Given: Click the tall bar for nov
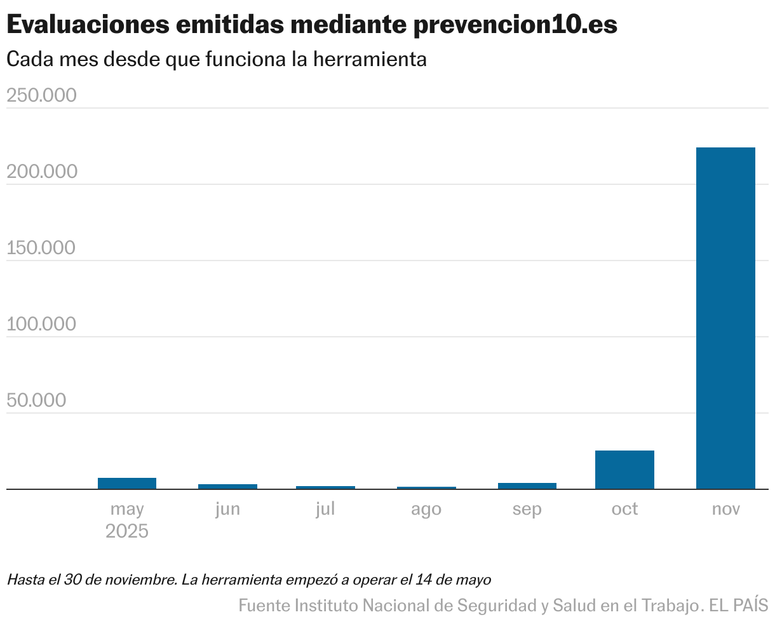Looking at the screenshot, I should click(x=725, y=318).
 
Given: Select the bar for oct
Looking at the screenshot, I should click(x=624, y=470).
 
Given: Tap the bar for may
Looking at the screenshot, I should click(x=127, y=483).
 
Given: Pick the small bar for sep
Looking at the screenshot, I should click(x=527, y=485).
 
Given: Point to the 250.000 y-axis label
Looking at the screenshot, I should click(x=41, y=95).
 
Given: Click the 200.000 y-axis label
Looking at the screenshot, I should click(x=41, y=172).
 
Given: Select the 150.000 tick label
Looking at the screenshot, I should click(x=41, y=248).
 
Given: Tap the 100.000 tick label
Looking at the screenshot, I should click(x=41, y=324).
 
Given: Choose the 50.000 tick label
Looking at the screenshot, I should click(x=36, y=400).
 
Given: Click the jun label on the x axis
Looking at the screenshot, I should click(x=227, y=509).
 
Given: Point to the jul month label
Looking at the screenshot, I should click(x=325, y=509).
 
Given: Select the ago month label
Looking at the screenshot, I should click(x=426, y=510).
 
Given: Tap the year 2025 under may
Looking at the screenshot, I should click(x=127, y=531).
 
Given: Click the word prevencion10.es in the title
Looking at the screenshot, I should click(x=515, y=25).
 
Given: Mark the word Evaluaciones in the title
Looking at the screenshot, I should click(x=89, y=25).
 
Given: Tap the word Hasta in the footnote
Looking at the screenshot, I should click(x=25, y=580).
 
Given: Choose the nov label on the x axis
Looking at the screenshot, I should click(x=725, y=509).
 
